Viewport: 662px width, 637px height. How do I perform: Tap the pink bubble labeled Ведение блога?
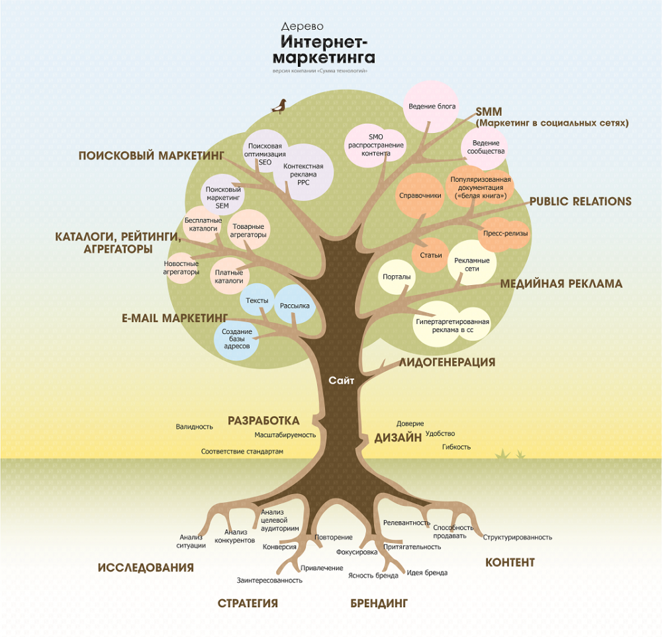tap(432, 106)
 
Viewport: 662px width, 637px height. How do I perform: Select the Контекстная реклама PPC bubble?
tap(303, 170)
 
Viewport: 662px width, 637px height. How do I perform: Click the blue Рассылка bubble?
tap(295, 306)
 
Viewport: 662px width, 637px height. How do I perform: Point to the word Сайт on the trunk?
tap(342, 380)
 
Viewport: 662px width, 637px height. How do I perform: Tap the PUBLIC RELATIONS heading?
tap(580, 201)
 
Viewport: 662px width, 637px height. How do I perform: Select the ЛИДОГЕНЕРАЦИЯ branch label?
tap(447, 362)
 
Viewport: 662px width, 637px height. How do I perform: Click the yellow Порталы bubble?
tap(397, 276)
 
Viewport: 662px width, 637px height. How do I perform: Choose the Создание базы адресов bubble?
tap(236, 339)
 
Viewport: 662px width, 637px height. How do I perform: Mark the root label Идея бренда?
tap(427, 573)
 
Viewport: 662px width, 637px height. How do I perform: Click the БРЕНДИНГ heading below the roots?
tap(379, 603)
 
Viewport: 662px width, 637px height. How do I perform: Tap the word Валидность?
tap(194, 427)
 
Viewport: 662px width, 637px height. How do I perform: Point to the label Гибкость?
tap(456, 447)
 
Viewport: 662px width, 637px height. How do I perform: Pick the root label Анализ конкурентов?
tap(240, 536)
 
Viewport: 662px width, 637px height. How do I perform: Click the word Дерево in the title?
tap(302, 26)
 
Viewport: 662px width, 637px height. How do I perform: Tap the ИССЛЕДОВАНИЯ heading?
tap(146, 568)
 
